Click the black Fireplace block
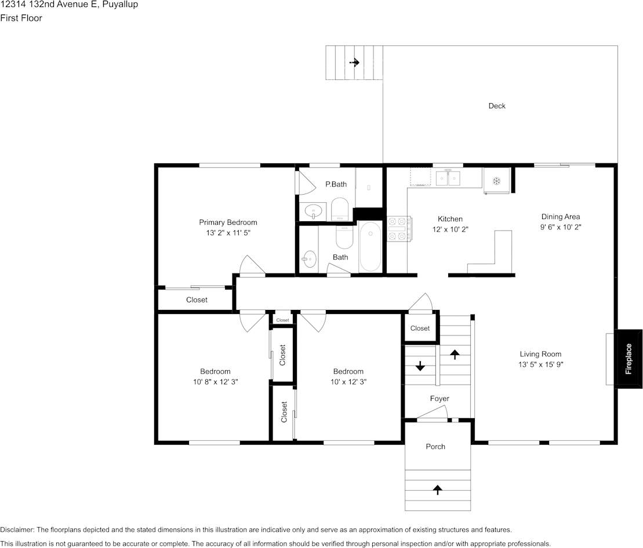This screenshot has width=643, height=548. coord(629,359)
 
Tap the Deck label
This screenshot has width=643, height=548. coord(497,105)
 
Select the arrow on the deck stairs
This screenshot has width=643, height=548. coord(354,62)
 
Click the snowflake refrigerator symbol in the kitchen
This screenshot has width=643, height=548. coord(497,181)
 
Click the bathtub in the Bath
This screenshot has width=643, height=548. coord(370,246)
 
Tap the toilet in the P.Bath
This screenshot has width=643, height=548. coord(339,209)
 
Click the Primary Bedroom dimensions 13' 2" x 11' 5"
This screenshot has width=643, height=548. coord(228,233)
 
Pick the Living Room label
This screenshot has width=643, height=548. coord(540,355)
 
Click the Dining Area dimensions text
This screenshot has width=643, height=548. coord(561,227)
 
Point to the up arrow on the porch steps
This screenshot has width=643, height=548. coord(438,489)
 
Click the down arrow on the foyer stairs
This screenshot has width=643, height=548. coord(420,366)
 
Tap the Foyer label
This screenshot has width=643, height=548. coord(439,399)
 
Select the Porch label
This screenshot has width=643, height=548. coord(435,447)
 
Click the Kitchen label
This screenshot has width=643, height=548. coord(450,219)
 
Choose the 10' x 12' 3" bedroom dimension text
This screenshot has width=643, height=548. coord(348,382)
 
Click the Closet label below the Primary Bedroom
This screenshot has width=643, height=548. coord(197,300)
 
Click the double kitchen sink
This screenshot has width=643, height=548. coord(448,178)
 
